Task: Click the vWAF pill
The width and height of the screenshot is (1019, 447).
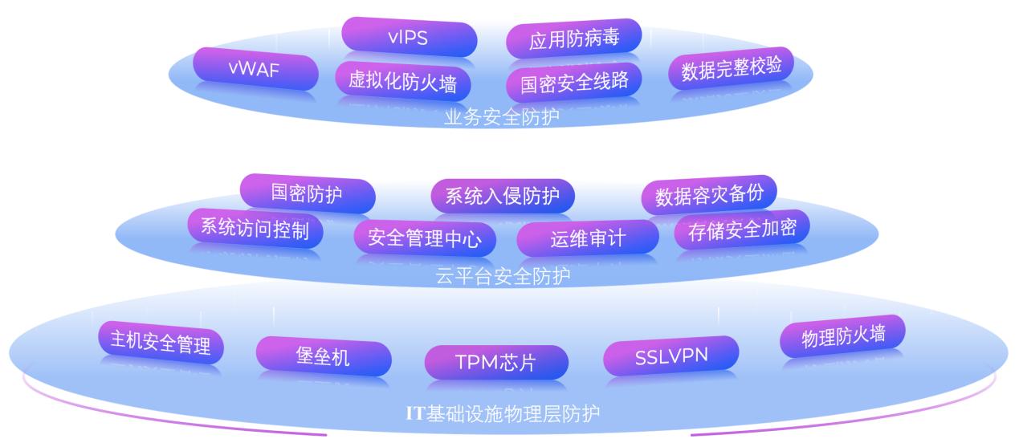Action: pos(254,69)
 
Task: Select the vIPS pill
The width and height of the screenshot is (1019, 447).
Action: pos(409,38)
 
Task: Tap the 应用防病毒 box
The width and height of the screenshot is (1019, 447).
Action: pos(573,39)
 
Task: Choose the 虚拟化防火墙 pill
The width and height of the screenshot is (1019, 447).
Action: pos(402,81)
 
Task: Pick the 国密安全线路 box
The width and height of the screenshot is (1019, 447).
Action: pos(573,83)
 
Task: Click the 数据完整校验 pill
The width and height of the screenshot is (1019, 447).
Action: pos(731,69)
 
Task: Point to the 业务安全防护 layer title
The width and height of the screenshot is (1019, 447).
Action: pos(501,117)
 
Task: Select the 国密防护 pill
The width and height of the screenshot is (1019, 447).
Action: pos(307,193)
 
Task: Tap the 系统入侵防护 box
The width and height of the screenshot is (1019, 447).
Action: pos(502,197)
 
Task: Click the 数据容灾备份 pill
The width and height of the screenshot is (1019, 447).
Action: pos(709,194)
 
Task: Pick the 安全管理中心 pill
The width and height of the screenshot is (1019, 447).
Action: pos(425,238)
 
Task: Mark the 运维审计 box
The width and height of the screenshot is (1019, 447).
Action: pos(587,238)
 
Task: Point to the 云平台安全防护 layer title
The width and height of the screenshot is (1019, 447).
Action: pos(503,277)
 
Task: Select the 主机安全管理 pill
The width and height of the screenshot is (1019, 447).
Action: pos(161,341)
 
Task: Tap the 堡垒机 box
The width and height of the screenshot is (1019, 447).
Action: pos(323,356)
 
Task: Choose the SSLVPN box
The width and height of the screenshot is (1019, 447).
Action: pos(671,356)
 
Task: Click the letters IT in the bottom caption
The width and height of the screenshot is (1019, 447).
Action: pos(414,414)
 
